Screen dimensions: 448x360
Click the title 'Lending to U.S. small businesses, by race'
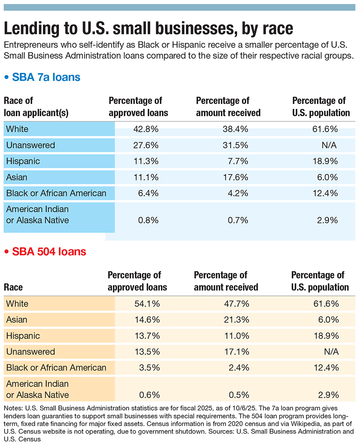pyautogui.click(x=148, y=28)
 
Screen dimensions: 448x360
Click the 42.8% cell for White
pyautogui.click(x=146, y=129)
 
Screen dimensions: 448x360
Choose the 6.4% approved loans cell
pyautogui.click(x=148, y=193)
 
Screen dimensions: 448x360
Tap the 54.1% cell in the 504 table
pyautogui.click(x=146, y=304)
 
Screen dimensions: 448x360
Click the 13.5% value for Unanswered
pyautogui.click(x=146, y=352)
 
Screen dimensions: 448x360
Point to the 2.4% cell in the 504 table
pyautogui.click(x=240, y=367)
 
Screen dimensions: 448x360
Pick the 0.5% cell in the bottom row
pyautogui.click(x=240, y=395)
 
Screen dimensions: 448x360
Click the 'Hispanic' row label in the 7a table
pyautogui.click(x=23, y=161)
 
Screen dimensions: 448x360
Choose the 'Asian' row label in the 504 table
pyautogui.click(x=17, y=320)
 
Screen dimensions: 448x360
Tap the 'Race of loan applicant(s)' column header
pyautogui.click(x=36, y=107)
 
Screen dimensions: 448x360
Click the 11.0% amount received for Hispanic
pyautogui.click(x=238, y=336)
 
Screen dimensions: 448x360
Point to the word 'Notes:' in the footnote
pyautogui.click(x=14, y=407)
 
